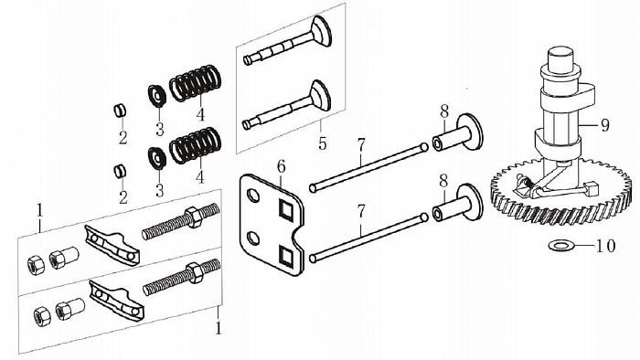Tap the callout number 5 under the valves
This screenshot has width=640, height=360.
321,143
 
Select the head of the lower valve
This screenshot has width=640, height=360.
321,95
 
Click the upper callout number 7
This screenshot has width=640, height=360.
361,143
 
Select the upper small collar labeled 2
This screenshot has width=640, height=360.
119,111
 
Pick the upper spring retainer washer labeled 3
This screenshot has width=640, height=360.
155,94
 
